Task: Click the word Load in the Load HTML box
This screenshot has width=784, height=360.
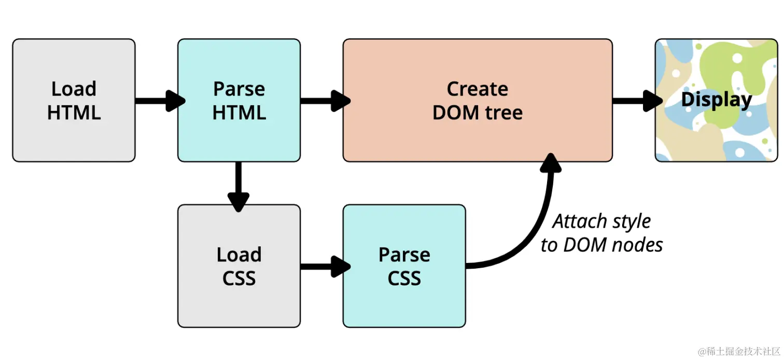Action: click(74, 89)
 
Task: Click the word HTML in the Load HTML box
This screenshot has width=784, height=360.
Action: click(74, 113)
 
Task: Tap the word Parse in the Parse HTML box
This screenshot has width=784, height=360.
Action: click(239, 89)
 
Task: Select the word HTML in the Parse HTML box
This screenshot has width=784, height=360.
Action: click(239, 113)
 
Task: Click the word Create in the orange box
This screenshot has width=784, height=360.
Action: click(477, 89)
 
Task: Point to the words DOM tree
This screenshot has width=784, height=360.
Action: click(477, 113)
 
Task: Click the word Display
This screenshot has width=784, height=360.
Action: click(716, 100)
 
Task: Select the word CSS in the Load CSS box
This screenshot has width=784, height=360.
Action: click(239, 279)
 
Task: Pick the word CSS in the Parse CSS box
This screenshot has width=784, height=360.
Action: click(404, 279)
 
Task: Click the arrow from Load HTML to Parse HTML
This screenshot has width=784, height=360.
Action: click(158, 101)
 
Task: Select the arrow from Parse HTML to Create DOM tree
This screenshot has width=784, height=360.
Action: click(324, 101)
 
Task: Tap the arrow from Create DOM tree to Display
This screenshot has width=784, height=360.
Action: click(635, 101)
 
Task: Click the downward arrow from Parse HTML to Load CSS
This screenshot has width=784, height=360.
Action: click(239, 187)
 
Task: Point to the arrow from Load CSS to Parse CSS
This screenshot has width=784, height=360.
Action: click(324, 267)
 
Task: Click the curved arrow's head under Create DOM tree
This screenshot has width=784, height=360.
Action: click(551, 163)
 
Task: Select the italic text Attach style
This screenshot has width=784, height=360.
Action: click(601, 221)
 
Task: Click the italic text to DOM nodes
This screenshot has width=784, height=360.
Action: click(601, 245)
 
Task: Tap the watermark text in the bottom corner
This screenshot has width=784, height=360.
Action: click(739, 351)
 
